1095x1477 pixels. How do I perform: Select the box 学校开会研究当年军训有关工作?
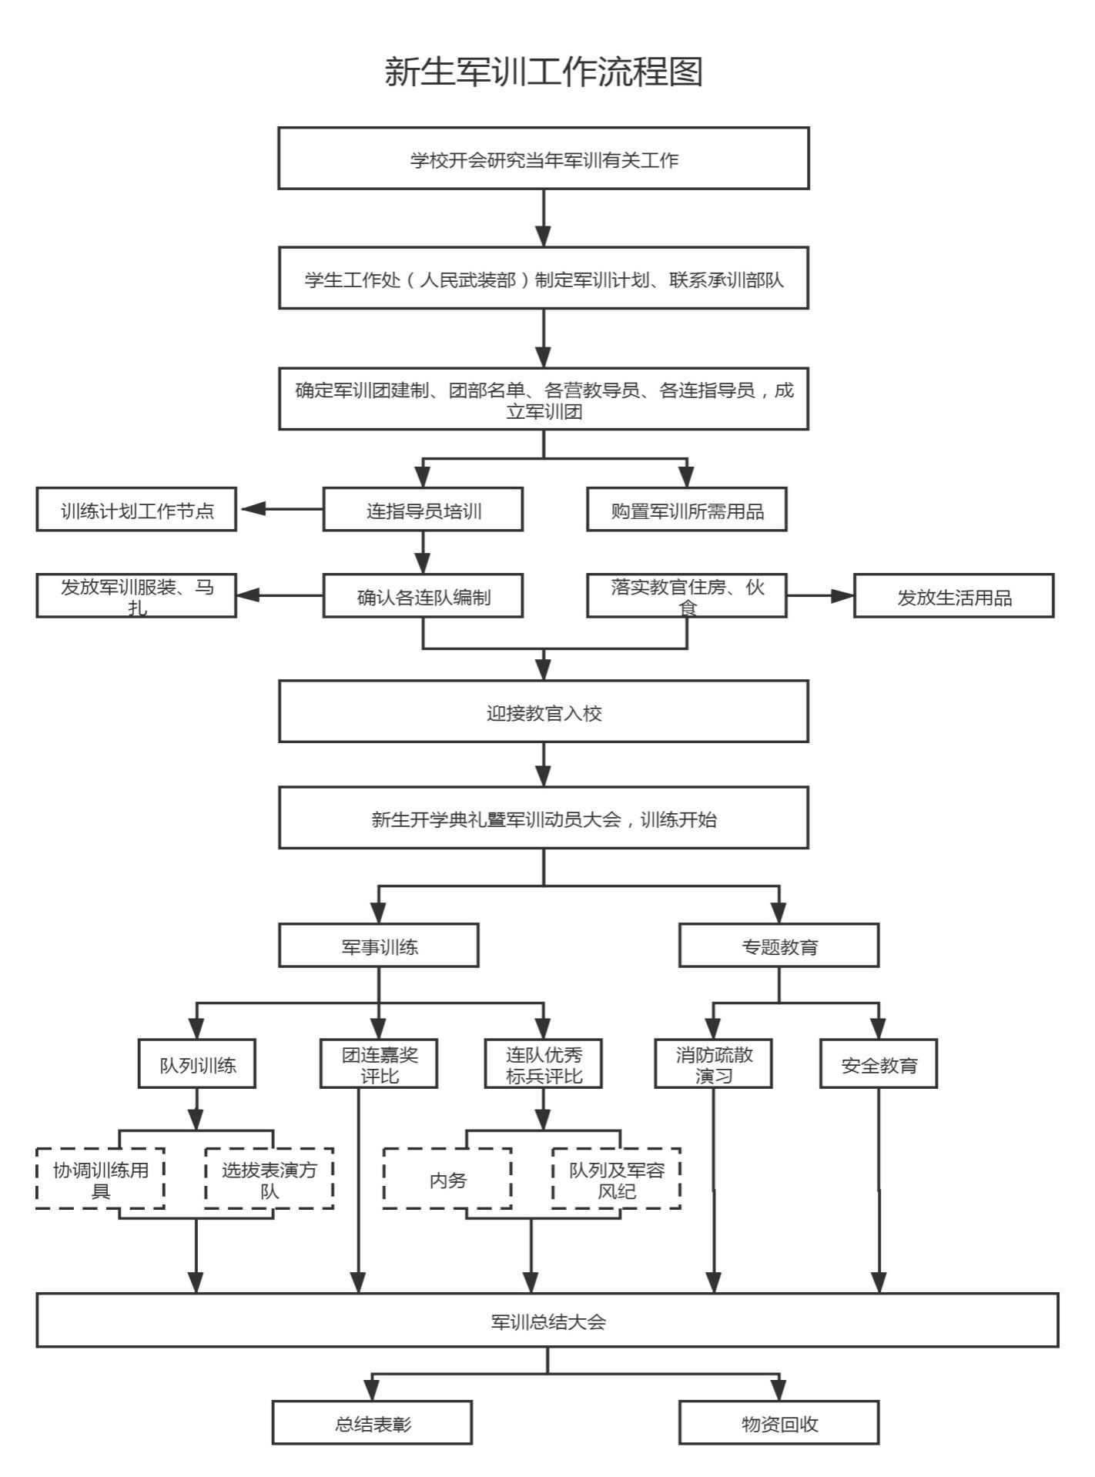tap(544, 159)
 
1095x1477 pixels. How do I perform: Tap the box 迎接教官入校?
tap(544, 712)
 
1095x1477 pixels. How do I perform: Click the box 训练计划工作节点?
tap(136, 510)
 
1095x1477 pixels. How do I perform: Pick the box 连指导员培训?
tap(423, 510)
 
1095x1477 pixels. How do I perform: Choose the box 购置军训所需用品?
tap(687, 510)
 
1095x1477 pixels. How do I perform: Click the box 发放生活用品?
tap(953, 596)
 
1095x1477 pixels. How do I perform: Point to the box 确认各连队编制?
tap(423, 596)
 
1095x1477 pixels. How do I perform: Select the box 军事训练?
tap(379, 946)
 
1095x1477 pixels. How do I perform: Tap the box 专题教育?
tap(779, 946)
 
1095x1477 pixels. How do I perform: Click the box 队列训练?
tap(197, 1064)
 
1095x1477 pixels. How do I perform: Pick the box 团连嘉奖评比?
tap(379, 1064)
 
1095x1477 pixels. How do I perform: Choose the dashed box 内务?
tap(447, 1179)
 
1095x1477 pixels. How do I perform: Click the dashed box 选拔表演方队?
tap(269, 1179)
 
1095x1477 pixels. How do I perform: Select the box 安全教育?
tap(879, 1064)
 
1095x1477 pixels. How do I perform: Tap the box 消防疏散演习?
tap(713, 1064)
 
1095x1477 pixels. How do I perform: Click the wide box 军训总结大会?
tap(547, 1321)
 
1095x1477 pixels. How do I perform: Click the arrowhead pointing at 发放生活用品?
tap(843, 596)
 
